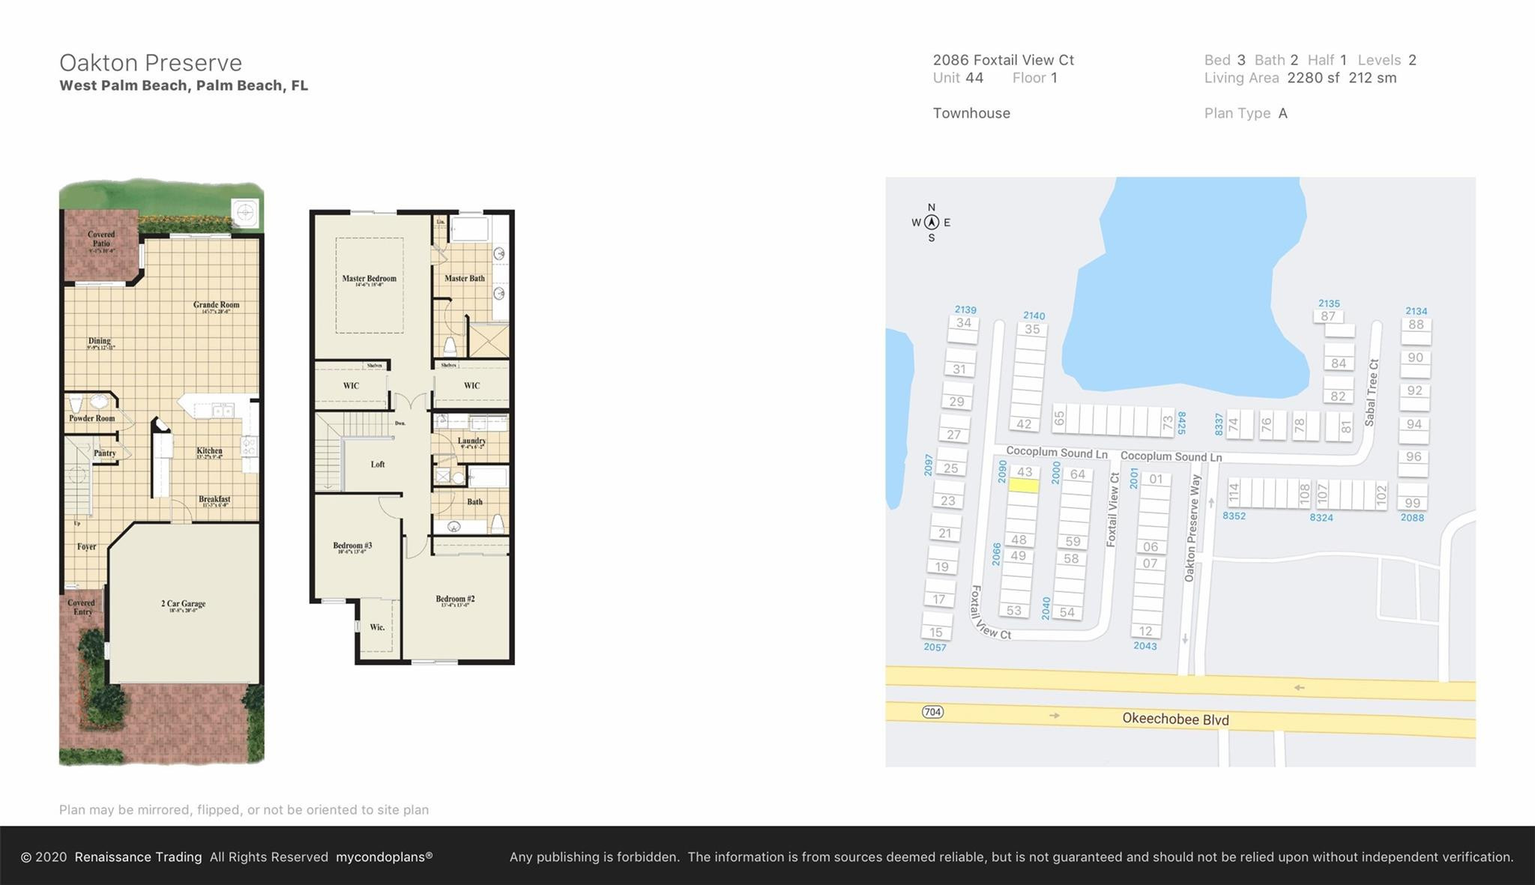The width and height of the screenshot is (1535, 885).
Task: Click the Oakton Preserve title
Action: point(151,62)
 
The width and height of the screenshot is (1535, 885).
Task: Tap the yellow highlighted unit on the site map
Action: point(1023,486)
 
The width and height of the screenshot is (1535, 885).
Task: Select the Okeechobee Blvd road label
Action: point(1175,719)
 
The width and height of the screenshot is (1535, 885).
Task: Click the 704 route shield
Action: point(932,712)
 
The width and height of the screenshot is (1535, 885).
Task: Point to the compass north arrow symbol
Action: point(932,222)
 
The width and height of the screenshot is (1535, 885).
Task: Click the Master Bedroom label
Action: point(369,279)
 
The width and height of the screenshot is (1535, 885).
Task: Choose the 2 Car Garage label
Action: point(183,604)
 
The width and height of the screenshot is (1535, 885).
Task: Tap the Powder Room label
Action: point(92,418)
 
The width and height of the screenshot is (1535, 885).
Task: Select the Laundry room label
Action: point(471,441)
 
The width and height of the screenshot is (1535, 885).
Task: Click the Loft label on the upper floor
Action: point(378,465)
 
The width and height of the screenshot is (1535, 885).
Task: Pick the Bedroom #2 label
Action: point(455,599)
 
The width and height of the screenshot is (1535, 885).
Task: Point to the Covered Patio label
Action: point(101,239)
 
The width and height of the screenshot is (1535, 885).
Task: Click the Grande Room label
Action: point(216,305)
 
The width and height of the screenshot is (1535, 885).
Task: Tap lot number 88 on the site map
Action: point(1416,324)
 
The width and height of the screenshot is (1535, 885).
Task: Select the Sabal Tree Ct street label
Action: point(1372,393)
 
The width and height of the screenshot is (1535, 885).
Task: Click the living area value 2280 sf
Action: point(1313,78)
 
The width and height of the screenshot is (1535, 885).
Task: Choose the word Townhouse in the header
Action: point(971,113)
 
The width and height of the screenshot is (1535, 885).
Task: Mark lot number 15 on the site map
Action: point(935,632)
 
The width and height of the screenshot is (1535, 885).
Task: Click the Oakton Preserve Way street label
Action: point(1192,528)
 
